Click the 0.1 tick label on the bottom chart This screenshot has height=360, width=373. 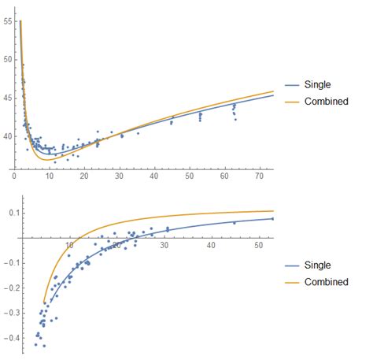coord(10,213)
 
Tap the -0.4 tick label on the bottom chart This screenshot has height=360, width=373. coord(9,338)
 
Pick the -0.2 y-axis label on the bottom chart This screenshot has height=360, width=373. coord(9,288)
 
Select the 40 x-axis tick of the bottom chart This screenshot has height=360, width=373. coord(211,246)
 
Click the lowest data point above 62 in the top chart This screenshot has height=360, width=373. coord(235,119)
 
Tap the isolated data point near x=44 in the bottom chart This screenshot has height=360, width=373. coord(234,223)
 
